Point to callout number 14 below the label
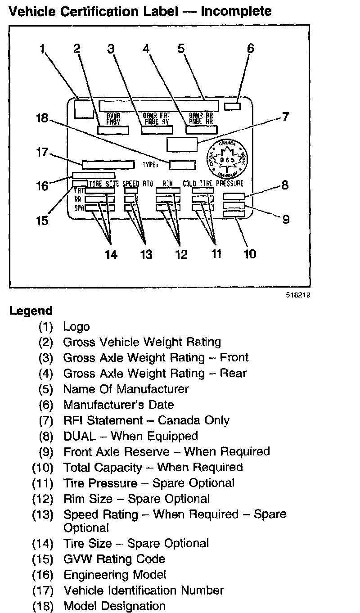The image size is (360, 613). click(111, 254)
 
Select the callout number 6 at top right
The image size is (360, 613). click(250, 48)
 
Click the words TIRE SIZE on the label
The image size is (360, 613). click(103, 184)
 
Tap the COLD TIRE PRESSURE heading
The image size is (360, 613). click(213, 184)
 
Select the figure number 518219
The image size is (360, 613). click(298, 296)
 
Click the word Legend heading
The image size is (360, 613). click(31, 311)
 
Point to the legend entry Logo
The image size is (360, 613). click(76, 327)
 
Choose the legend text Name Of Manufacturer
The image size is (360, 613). click(126, 389)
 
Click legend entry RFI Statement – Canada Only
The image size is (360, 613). click(146, 420)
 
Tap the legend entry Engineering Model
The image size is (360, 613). click(115, 575)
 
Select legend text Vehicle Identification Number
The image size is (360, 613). click(144, 590)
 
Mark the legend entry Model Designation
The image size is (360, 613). click(114, 606)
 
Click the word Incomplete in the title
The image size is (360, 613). click(236, 11)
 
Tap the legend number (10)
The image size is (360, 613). click(43, 467)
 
